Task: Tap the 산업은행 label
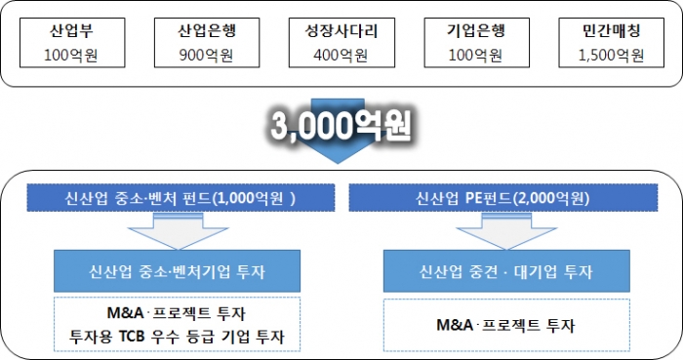[x=205, y=30]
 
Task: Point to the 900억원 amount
[x=205, y=56]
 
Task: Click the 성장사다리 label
[x=341, y=30]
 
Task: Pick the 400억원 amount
[x=341, y=56]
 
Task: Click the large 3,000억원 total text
[x=341, y=126]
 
